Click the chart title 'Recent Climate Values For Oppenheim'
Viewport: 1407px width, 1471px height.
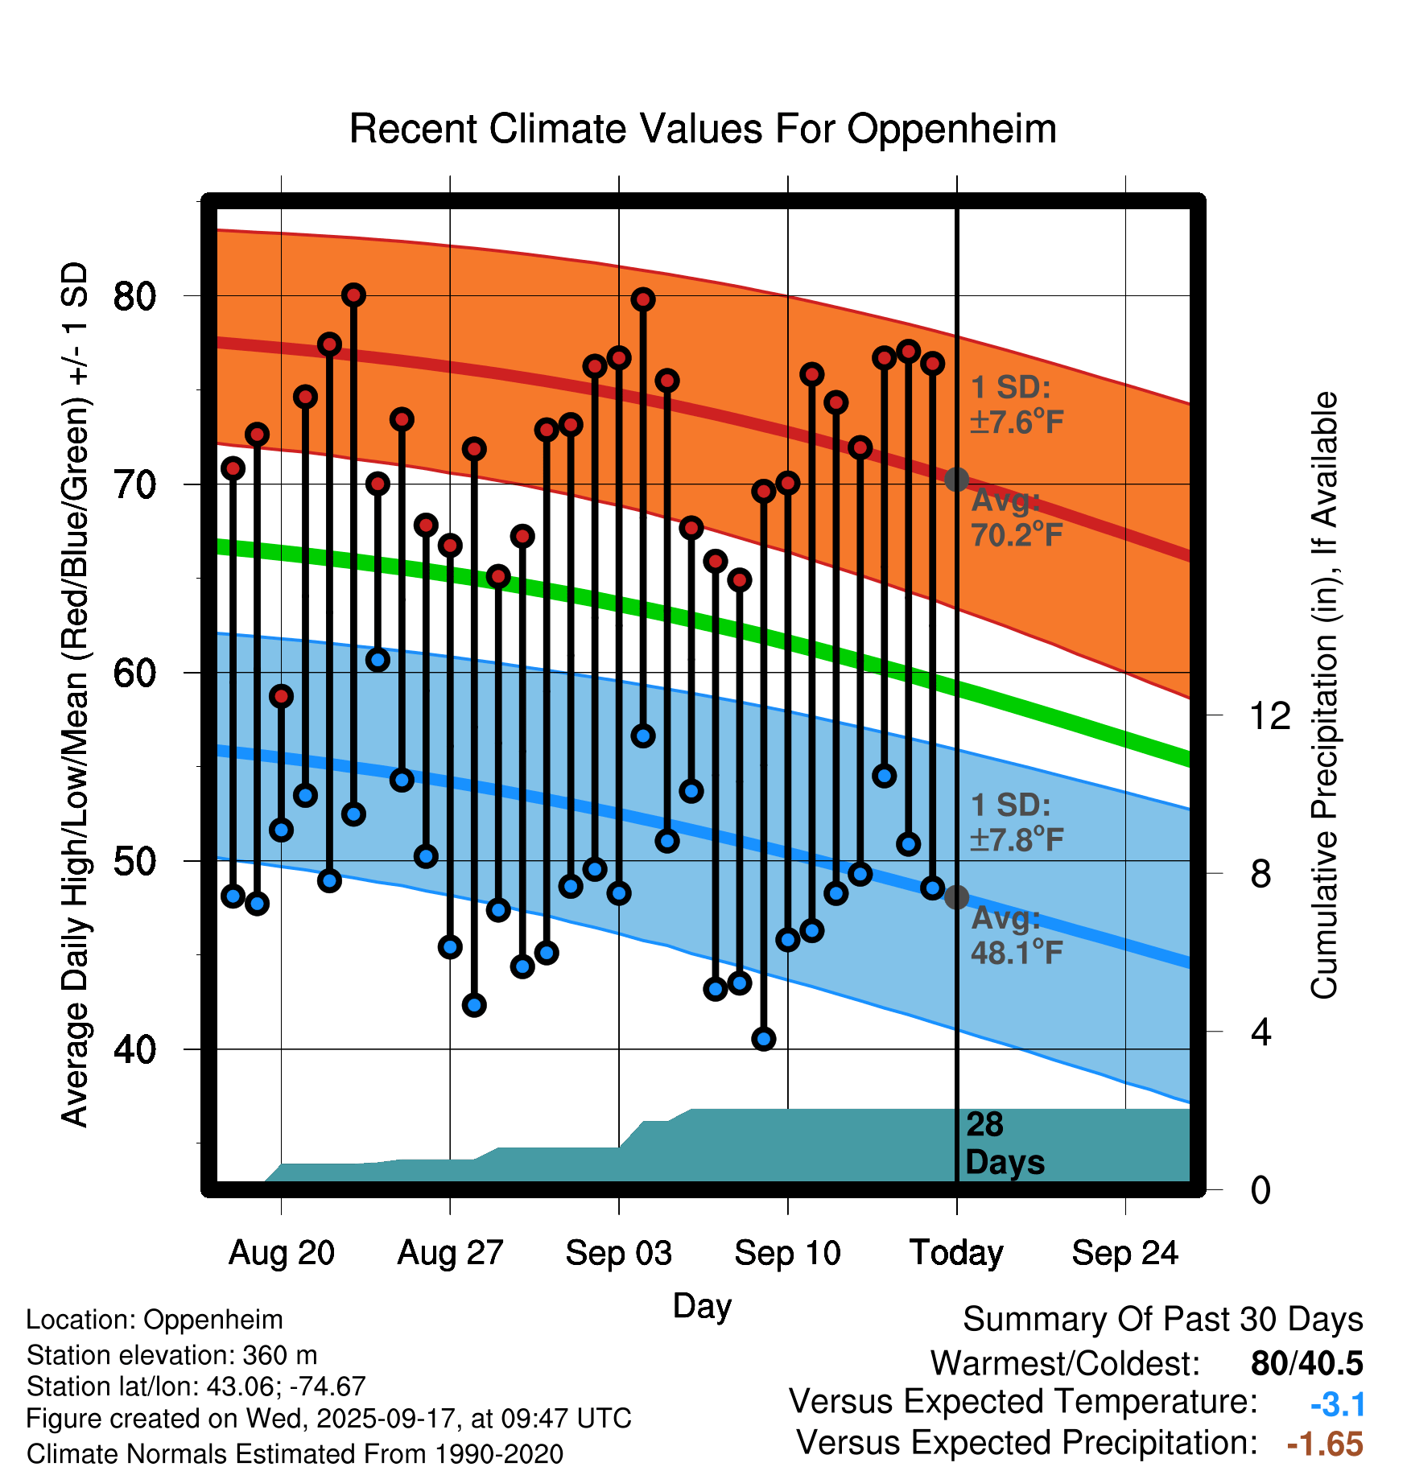pos(703,129)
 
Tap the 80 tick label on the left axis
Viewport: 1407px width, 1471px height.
pos(134,296)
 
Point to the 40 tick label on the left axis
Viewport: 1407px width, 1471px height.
pos(134,1049)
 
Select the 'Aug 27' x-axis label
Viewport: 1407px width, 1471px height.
pos(450,1253)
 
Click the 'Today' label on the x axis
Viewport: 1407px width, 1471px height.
pos(956,1253)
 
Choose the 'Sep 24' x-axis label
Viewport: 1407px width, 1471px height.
pos(1124,1253)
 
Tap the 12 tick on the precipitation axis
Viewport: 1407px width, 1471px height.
pos(1269,715)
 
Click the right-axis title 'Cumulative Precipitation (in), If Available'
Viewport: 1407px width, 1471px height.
pos(1324,696)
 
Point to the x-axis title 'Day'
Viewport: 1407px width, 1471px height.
pos(702,1305)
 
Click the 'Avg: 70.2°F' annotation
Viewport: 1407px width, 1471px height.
pos(1017,517)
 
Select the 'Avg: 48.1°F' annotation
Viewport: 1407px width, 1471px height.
pos(1017,935)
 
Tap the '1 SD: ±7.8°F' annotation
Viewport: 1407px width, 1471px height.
pos(1017,822)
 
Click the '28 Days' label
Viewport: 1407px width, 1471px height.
pos(1004,1143)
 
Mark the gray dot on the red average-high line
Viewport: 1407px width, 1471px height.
pos(956,480)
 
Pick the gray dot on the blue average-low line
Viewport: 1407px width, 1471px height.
pos(956,897)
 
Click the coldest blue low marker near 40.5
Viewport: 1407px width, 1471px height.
pos(764,1039)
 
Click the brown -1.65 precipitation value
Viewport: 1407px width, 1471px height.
pos(1325,1444)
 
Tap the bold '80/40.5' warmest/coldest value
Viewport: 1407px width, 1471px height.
pos(1306,1363)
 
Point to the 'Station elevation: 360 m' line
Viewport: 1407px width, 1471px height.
pos(171,1355)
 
